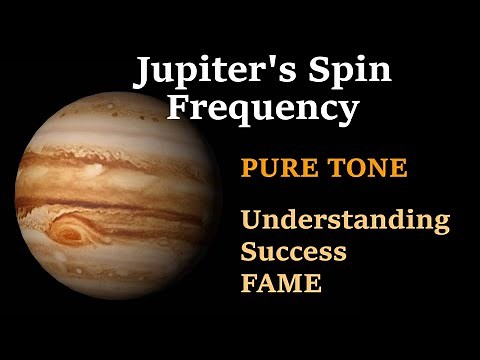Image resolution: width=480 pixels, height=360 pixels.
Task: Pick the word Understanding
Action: click(x=345, y=221)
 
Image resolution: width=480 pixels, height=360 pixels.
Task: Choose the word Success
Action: click(x=293, y=251)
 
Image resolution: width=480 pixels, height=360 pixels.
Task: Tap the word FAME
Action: click(x=281, y=283)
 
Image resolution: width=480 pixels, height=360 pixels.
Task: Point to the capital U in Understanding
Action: click(x=250, y=220)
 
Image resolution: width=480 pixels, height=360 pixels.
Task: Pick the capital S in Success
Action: click(x=249, y=251)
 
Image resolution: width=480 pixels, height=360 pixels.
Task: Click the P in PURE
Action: click(x=248, y=168)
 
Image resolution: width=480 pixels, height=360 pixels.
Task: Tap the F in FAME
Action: click(x=248, y=283)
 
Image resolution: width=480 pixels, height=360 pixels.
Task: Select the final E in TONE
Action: click(x=399, y=168)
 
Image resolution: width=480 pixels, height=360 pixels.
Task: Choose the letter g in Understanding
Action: click(x=440, y=225)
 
